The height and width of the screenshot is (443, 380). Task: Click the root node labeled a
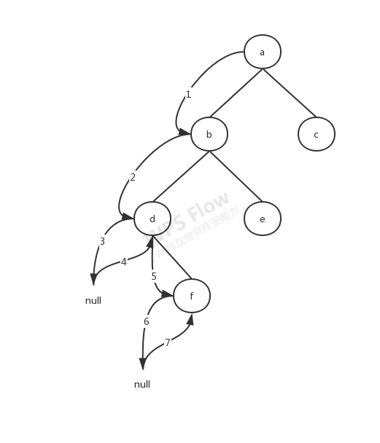point(262,52)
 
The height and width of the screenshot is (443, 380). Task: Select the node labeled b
point(209,134)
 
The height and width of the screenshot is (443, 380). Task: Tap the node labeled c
point(316,134)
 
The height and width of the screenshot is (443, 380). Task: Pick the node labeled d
point(152,219)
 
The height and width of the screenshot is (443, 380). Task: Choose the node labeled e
point(262,219)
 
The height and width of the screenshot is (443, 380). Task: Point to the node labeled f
point(191,297)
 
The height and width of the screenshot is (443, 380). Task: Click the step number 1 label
point(188,94)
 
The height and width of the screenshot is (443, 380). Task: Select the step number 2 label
point(133,177)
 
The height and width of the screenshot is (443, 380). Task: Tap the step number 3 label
point(102,240)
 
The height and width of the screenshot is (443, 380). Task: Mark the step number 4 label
point(124,261)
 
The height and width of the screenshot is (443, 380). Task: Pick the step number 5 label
point(154,276)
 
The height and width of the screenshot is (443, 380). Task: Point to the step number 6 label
point(147,321)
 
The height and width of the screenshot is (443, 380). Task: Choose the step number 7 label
point(168,342)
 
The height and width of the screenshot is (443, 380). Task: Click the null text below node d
point(93,300)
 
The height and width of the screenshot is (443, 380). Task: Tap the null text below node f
point(142,384)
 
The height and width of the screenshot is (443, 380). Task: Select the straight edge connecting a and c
point(289,93)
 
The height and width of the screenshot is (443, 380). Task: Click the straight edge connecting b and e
point(236,176)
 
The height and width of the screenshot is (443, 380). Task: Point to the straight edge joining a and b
point(236,93)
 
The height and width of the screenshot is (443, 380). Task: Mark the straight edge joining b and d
point(181,176)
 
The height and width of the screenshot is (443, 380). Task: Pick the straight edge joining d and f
point(173,256)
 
